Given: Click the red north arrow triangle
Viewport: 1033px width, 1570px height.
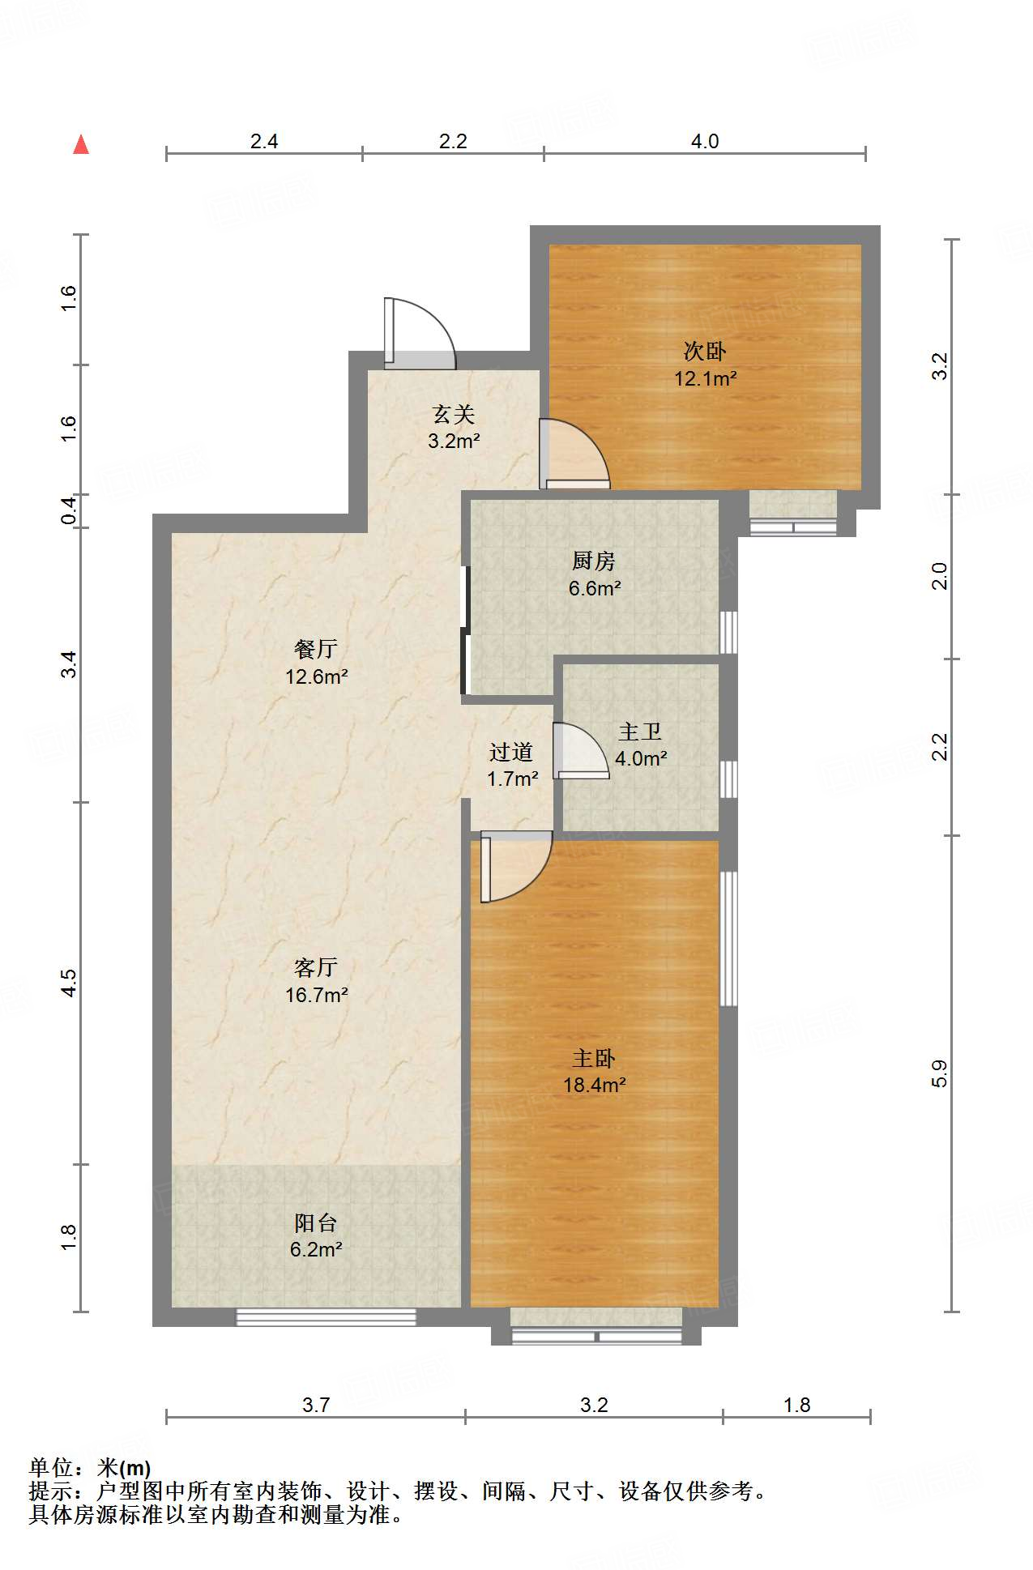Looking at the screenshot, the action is [81, 144].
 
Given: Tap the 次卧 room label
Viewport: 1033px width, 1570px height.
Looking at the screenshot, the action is [705, 351].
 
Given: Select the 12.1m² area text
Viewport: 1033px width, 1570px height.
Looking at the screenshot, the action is [706, 378].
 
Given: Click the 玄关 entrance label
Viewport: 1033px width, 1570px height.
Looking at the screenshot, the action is [454, 414].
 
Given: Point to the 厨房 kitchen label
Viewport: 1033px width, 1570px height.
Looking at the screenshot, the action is [594, 561].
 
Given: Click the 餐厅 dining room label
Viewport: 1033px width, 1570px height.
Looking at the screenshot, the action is [316, 649].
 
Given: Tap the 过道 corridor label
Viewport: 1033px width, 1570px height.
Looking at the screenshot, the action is [511, 752].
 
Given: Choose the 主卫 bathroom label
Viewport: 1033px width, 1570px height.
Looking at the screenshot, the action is [640, 732].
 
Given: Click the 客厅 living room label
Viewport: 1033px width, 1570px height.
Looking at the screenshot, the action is [316, 967].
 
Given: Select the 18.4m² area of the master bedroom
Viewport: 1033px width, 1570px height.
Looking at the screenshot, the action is [595, 1086].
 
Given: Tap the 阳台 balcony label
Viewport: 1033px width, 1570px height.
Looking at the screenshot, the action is [316, 1222].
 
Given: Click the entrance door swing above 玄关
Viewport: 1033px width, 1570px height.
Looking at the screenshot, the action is [420, 333].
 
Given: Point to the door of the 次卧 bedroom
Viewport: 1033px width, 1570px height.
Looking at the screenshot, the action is [574, 454].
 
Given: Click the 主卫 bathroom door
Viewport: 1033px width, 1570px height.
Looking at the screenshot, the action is [581, 750].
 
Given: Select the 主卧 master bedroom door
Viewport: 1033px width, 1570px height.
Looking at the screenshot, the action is [516, 866].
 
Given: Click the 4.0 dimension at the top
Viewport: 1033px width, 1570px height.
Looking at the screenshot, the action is [705, 142].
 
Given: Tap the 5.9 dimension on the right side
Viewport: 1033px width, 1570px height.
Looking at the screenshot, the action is [939, 1073].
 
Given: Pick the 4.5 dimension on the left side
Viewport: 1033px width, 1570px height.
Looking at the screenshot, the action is [69, 983].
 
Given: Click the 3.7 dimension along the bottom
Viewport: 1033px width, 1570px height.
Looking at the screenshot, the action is [316, 1405].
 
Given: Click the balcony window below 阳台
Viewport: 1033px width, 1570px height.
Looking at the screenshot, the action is [326, 1316].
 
